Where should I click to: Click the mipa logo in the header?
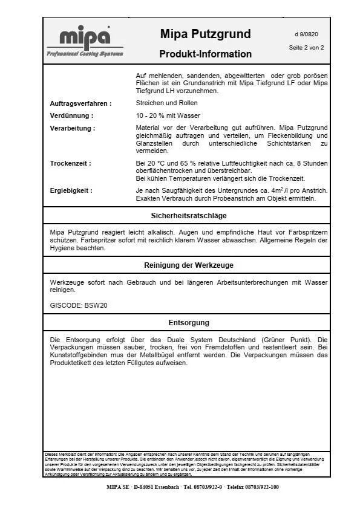click(85, 37)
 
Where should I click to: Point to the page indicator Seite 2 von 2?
click(306, 47)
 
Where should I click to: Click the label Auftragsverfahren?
click(80, 103)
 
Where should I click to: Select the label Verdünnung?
click(71, 115)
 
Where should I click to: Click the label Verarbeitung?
click(72, 128)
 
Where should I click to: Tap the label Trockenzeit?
click(70, 163)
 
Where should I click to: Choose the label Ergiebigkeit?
click(71, 190)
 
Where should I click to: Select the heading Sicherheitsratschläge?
click(188, 215)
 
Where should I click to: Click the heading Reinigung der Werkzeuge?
click(188, 265)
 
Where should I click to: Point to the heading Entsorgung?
click(188, 323)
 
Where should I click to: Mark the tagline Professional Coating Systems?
click(85, 54)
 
